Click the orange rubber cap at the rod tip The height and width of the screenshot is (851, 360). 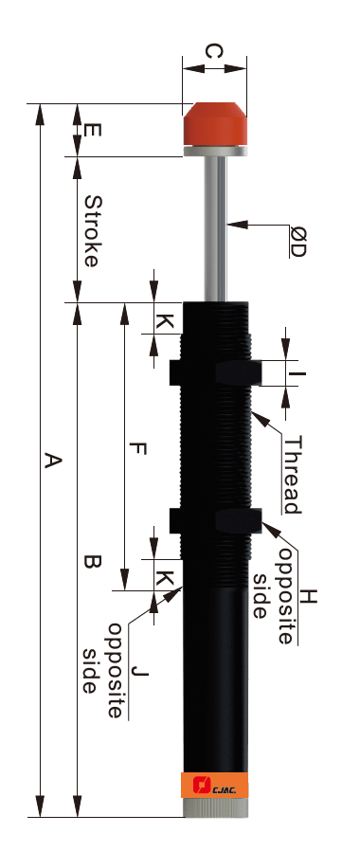tap(215, 124)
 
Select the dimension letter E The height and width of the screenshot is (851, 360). tap(93, 130)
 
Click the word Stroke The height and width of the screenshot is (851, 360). tap(93, 231)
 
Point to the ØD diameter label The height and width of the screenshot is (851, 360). tap(297, 242)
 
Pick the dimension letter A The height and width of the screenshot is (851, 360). tap(53, 461)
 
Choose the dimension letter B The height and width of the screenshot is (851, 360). tap(93, 561)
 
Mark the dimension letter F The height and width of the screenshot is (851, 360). tap(139, 449)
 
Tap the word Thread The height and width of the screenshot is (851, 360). tap(292, 475)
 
